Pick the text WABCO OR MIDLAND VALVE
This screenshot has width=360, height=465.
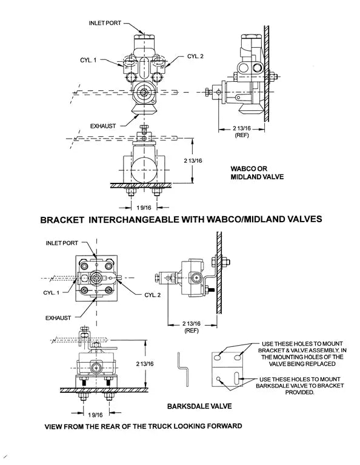[x=257, y=172]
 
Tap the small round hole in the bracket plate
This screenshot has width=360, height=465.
[x=217, y=380]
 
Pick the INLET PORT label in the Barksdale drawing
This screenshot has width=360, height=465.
[x=62, y=243]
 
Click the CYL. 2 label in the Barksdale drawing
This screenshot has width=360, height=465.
[x=152, y=295]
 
